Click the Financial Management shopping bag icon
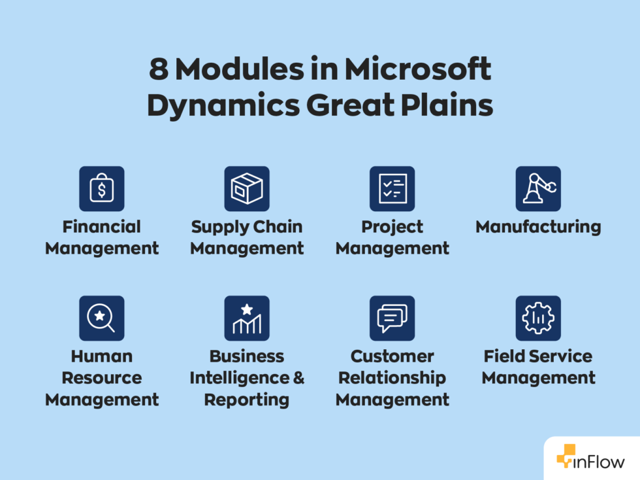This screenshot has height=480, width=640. pyautogui.click(x=101, y=188)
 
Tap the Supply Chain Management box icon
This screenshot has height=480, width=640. pyautogui.click(x=247, y=188)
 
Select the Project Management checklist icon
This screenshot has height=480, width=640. pyautogui.click(x=392, y=188)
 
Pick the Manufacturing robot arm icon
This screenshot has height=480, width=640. pyautogui.click(x=538, y=188)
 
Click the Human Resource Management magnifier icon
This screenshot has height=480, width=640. pyautogui.click(x=101, y=318)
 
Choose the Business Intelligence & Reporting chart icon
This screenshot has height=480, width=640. pyautogui.click(x=247, y=318)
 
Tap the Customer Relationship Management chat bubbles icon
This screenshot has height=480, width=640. pyautogui.click(x=392, y=318)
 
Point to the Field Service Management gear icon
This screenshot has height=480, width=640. pyautogui.click(x=538, y=318)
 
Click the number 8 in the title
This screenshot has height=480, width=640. pyautogui.click(x=158, y=69)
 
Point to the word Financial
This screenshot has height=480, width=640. pyautogui.click(x=101, y=227)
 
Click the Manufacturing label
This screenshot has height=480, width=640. pyautogui.click(x=538, y=227)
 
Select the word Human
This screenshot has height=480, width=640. pyautogui.click(x=101, y=356)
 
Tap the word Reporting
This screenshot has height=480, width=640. pyautogui.click(x=247, y=400)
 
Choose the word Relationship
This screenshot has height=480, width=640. pyautogui.click(x=392, y=378)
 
